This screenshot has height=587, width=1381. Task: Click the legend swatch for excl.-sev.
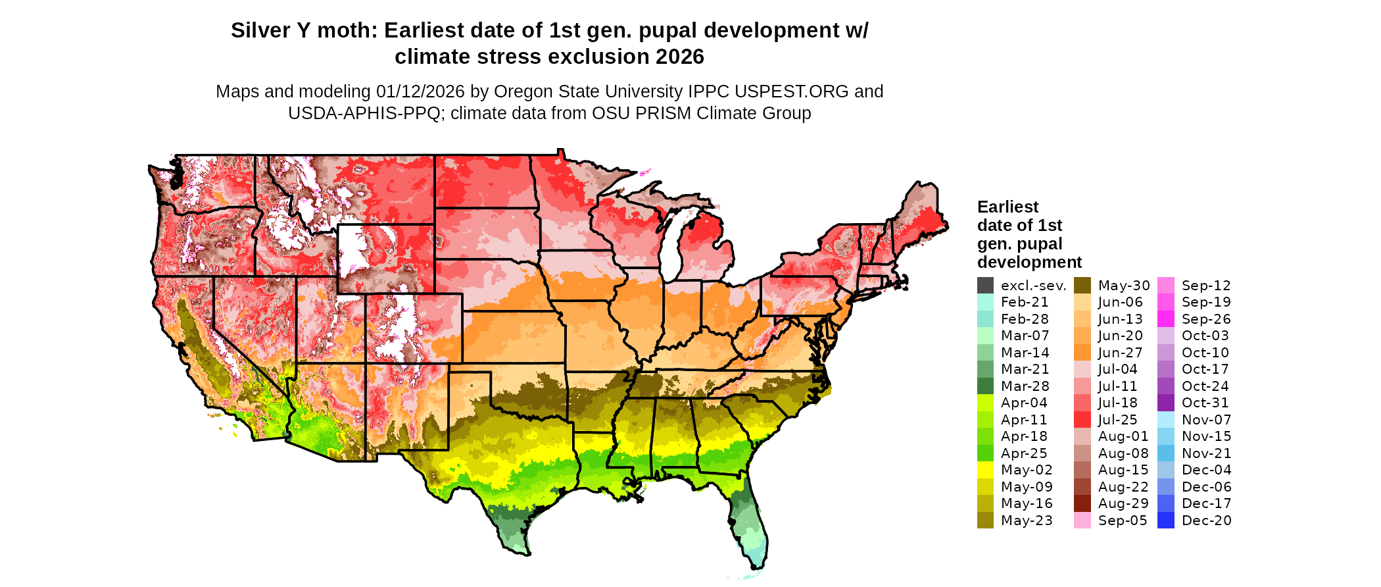coord(985,286)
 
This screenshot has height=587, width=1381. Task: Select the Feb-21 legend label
coord(1025,303)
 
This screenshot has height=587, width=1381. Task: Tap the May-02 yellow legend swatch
coord(985,470)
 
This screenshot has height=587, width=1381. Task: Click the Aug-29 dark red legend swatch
coord(1082,503)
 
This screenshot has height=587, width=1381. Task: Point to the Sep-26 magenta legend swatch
coord(1165,319)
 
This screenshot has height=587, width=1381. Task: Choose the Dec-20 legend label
coord(1206,521)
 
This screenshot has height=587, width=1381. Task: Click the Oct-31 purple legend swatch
coord(1165,403)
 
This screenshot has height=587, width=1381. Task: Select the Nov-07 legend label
coord(1206,420)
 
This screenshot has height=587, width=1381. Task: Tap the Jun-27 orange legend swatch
coord(1082,353)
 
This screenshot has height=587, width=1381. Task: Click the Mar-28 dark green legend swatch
coord(985,386)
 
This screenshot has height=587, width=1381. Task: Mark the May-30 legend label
coord(1124,286)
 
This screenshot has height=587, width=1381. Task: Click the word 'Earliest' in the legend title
coord(1007,207)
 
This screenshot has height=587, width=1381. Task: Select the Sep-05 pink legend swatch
coord(1082,521)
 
